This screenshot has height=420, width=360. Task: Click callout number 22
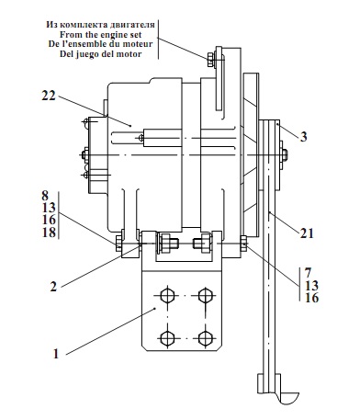49,96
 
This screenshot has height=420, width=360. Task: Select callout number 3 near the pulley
303,136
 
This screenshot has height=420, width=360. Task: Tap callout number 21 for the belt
307,233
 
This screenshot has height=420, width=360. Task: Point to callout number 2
53,287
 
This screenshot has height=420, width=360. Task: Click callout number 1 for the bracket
56,354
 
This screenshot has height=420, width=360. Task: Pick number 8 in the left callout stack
45,196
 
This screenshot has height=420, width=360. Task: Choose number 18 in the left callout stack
49,233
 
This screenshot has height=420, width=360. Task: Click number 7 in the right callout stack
308,272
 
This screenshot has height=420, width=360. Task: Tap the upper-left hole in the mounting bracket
167,295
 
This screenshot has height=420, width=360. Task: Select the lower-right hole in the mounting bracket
206,338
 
